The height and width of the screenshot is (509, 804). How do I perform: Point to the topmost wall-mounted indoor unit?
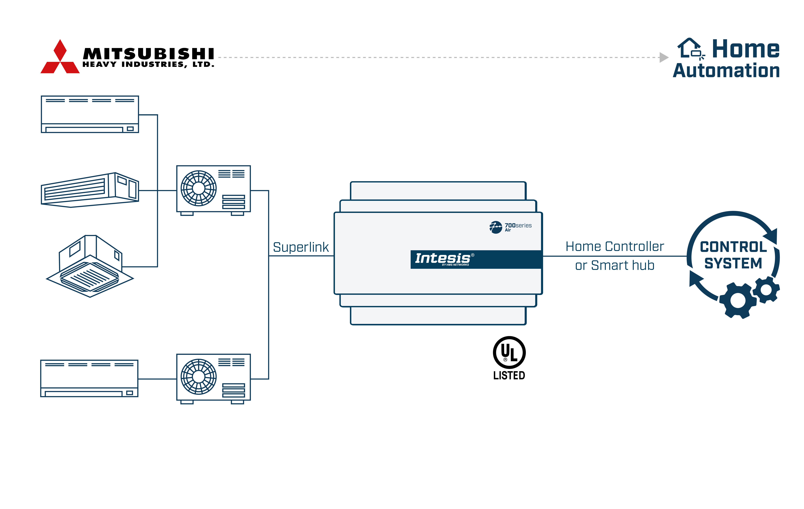(x=90, y=114)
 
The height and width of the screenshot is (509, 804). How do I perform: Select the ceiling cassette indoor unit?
(x=90, y=267)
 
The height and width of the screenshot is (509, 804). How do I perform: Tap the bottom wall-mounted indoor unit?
(x=89, y=378)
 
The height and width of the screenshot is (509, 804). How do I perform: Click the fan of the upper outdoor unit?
(x=199, y=188)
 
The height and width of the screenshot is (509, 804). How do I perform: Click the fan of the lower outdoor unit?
(x=199, y=376)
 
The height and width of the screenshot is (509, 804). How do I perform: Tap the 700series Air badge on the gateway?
(x=511, y=227)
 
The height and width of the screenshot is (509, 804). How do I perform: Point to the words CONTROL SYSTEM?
(x=733, y=255)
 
